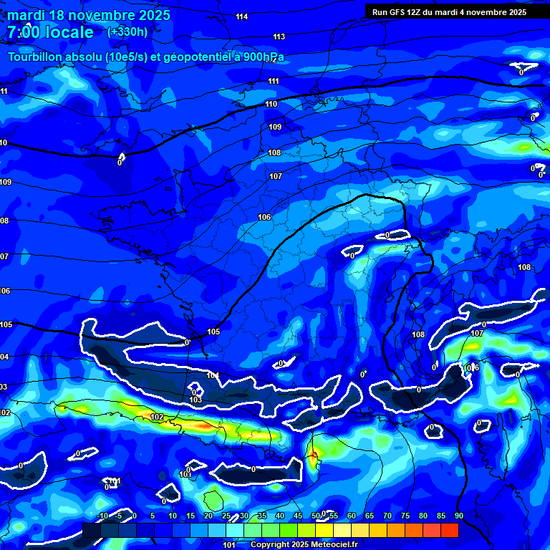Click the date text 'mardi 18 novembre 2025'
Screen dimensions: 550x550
[90, 15]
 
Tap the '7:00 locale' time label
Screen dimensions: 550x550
[51, 32]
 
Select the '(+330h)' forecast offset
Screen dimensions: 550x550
[127, 32]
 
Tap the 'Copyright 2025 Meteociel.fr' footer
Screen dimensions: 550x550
[314, 544]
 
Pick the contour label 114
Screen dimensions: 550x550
[242, 16]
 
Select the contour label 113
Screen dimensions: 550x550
[279, 37]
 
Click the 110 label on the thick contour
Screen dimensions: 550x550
[271, 104]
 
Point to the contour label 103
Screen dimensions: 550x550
[196, 400]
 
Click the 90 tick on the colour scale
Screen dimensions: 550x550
[458, 516]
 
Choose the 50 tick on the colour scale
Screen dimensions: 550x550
[316, 516]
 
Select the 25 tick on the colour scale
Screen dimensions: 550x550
[226, 516]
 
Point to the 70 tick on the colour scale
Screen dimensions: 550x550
[387, 516]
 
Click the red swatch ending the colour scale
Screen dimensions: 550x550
[449, 530]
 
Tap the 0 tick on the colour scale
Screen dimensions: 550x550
[135, 516]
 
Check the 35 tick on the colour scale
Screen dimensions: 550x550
[262, 516]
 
